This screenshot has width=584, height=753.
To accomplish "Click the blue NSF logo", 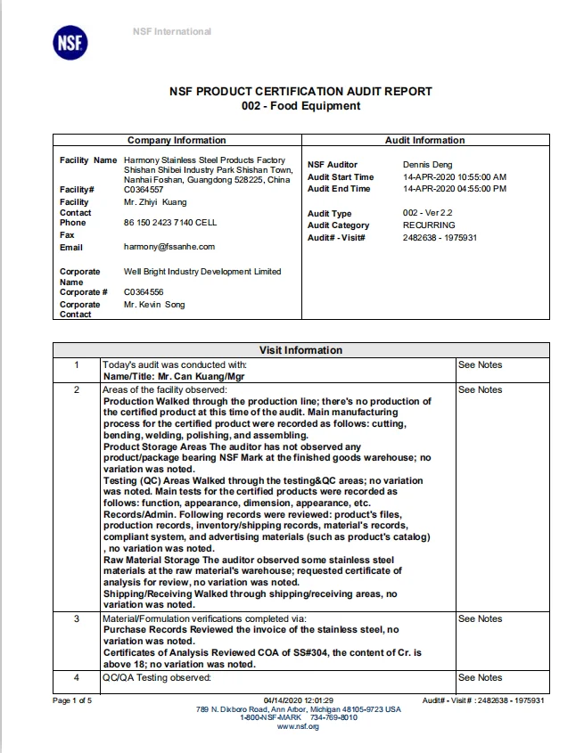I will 71,44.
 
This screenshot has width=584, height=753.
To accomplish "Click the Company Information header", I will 177,140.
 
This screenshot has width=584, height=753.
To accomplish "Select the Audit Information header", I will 424,140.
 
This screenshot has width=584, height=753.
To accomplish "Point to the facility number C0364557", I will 144,190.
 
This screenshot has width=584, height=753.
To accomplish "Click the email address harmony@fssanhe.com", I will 169,247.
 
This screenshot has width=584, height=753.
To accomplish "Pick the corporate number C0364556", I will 144,292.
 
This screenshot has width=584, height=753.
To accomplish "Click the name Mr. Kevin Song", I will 155,305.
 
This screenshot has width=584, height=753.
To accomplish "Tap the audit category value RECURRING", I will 430,225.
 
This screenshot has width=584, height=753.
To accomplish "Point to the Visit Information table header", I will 300,350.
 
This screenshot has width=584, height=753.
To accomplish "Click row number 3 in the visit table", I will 77,618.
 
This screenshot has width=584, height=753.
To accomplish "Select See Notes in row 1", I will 480,364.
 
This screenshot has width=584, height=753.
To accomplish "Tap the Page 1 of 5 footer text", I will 72,700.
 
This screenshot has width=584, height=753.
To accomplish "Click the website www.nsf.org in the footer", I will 299,726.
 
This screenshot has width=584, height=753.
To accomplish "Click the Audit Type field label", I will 330,214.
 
